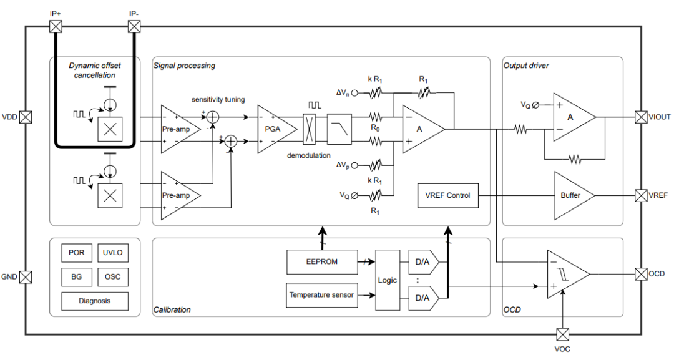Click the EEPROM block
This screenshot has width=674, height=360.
322,261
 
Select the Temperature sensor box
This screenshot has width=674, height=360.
321,295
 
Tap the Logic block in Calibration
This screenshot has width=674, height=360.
387,280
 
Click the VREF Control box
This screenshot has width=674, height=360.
447,195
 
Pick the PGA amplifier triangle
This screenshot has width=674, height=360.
270,130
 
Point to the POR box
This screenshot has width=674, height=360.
77,253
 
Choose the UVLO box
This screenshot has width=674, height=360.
112,253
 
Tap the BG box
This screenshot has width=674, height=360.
77,276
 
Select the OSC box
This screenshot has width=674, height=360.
112,276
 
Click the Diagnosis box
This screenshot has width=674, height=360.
95,301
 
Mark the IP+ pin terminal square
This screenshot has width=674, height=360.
56,26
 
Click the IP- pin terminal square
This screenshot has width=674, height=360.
134,26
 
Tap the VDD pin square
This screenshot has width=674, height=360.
26,117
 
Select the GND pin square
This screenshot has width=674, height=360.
26,277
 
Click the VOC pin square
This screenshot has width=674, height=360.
563,334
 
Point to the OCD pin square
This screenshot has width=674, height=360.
641,274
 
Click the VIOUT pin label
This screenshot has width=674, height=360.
660,117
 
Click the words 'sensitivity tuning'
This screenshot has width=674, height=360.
218,99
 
